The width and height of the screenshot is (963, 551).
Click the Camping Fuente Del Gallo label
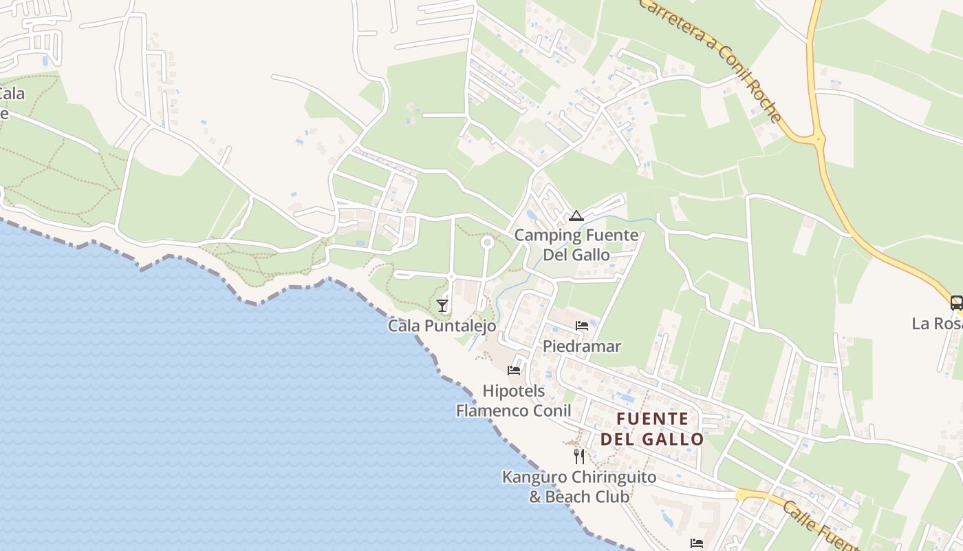pos(576,245)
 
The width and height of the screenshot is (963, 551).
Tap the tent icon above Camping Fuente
pos(576,216)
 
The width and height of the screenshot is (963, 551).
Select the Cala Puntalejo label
pos(442,326)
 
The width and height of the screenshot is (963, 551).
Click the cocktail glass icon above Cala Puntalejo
pos(442,305)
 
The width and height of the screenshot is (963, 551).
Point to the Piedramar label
pos(582,346)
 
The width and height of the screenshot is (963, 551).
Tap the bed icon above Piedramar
pos(582,326)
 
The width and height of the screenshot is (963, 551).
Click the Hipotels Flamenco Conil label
pos(514,401)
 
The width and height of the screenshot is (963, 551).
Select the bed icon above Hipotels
pos(514,371)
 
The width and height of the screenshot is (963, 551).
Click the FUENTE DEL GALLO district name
pos(652,428)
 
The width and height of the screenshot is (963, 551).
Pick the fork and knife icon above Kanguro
pos(579,456)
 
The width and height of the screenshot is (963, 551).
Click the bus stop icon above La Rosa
pos(956,302)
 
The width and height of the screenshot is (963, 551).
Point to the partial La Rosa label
pos(937,323)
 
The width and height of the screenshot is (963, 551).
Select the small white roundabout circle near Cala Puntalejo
pos(487,242)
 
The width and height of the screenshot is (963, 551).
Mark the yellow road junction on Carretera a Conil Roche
pos(817,138)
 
